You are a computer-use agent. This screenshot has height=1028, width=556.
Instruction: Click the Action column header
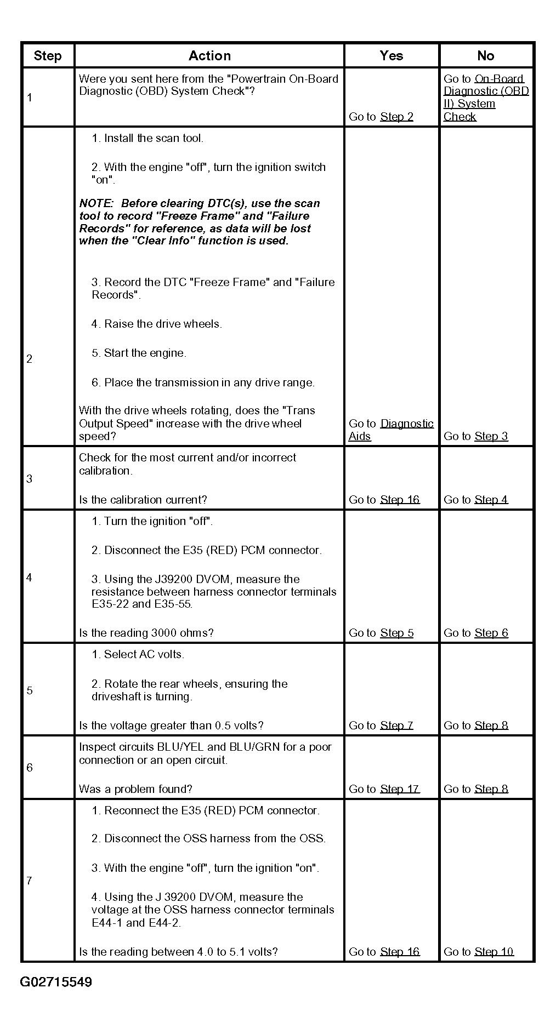209,56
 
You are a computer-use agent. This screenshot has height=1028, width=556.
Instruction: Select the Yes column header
391,56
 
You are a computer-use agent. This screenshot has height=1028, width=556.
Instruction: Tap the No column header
485,56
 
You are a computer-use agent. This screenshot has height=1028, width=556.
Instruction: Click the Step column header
48,56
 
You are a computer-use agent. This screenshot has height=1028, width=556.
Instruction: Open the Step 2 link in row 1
396,117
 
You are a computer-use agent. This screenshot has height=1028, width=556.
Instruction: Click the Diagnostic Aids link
406,424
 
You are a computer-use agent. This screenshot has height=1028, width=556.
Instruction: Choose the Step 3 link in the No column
491,437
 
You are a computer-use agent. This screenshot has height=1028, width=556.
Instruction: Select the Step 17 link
399,789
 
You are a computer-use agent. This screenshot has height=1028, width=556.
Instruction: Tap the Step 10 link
494,952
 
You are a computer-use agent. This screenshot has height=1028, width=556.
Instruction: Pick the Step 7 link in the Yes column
396,726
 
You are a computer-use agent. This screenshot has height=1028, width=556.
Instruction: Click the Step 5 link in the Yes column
396,633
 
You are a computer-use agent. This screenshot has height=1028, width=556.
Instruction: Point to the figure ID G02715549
56,981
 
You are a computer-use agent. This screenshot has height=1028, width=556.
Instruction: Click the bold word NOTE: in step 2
97,203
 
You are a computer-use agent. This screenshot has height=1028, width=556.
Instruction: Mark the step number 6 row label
30,768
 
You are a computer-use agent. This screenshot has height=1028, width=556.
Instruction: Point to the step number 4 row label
30,578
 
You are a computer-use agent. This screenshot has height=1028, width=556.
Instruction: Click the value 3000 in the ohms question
163,633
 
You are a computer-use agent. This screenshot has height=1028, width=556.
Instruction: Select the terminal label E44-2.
163,923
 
